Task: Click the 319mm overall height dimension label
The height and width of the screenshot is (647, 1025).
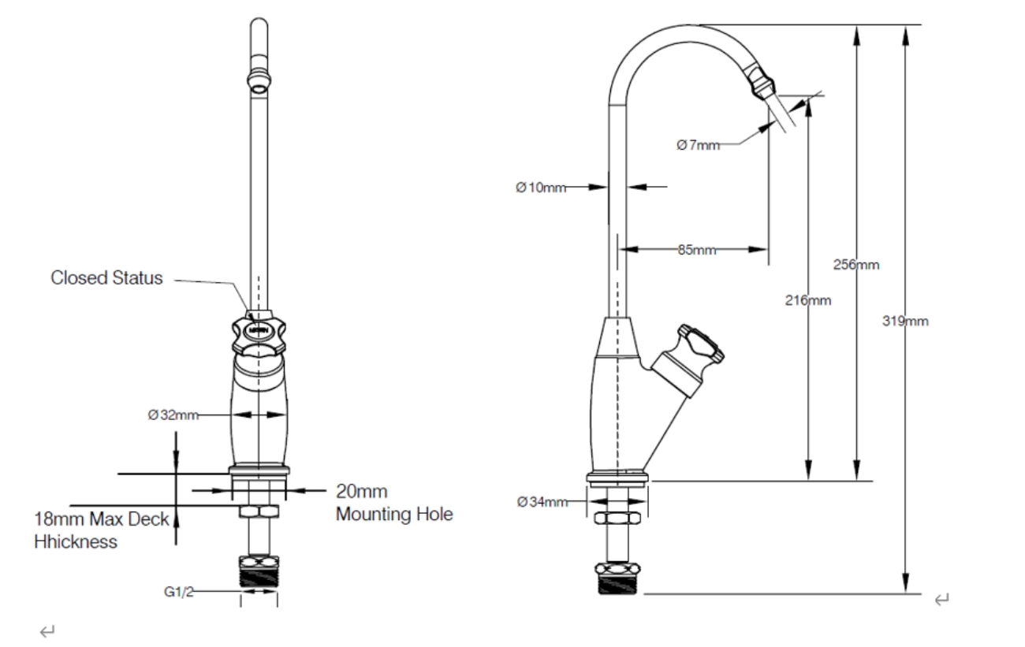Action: [x=905, y=321]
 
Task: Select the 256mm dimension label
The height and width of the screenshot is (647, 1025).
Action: [x=856, y=265]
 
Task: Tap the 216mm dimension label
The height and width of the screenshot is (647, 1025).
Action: [x=808, y=300]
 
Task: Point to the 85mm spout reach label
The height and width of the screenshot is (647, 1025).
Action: [x=696, y=251]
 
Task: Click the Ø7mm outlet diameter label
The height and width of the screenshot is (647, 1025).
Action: [x=698, y=144]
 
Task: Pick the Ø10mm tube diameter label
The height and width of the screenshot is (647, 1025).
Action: [x=541, y=188]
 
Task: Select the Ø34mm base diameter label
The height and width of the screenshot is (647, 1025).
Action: [x=542, y=502]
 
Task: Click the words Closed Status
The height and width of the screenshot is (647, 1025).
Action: [x=106, y=277]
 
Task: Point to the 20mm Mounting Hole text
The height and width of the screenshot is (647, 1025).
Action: [x=394, y=504]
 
